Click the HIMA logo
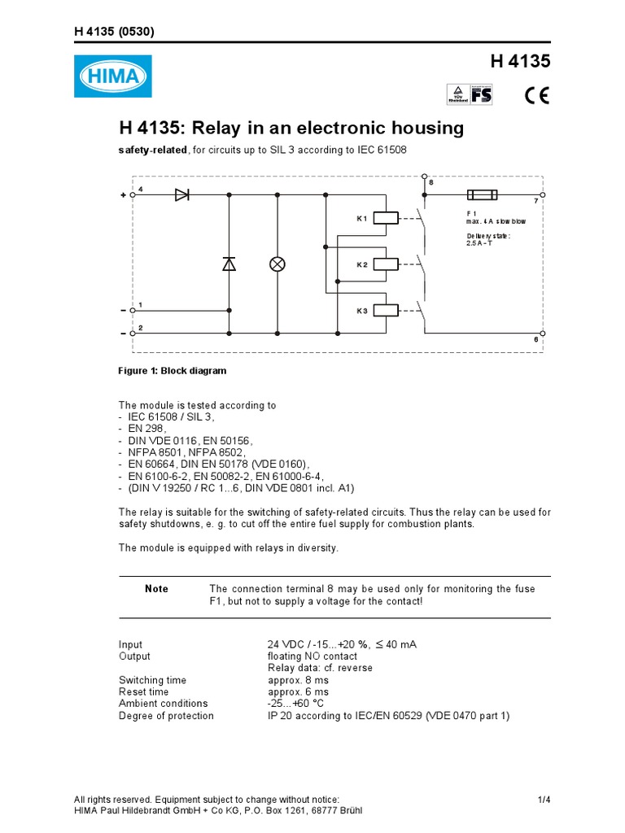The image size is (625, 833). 112,76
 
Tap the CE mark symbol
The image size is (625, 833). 536,95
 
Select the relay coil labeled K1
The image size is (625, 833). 386,217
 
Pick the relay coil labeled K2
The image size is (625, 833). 386,264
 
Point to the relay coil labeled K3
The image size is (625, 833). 386,310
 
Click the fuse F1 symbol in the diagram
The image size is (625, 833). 483,195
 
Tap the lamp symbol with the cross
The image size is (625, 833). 278,264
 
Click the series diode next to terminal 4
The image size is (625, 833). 181,195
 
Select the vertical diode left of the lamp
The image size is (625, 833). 229,264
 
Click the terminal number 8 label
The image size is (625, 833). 431,183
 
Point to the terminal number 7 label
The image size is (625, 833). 536,201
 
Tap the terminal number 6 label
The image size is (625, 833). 536,339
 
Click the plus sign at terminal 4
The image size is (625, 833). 124,195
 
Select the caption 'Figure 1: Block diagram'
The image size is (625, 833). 173,371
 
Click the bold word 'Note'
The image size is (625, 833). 156,589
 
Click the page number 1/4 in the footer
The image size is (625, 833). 544,800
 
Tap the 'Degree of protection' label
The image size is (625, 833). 166,716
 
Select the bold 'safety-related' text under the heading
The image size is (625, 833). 153,150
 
